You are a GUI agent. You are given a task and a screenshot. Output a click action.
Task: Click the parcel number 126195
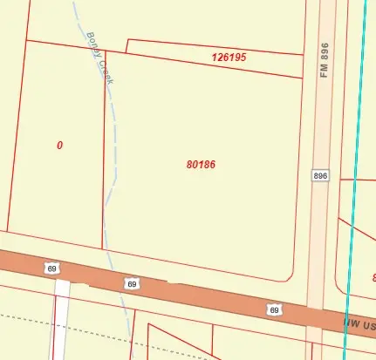[x=229, y=58]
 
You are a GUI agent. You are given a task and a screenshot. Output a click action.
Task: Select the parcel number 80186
[x=201, y=164]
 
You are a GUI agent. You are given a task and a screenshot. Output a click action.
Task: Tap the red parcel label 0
[x=59, y=146]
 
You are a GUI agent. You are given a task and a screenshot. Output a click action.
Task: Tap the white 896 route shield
[x=320, y=175]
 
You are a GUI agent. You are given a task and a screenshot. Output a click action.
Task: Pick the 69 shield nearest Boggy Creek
[x=132, y=283]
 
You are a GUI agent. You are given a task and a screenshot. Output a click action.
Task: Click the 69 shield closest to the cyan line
[x=274, y=309]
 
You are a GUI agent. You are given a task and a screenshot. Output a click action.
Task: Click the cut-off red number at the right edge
[x=373, y=277]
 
